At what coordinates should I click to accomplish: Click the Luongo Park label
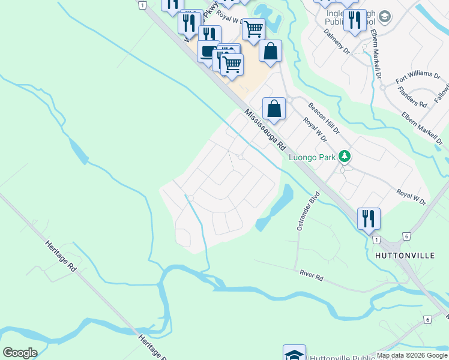[x=312, y=157]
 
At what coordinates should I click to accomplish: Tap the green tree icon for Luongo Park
[x=345, y=157]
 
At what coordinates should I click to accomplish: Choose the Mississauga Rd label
[x=265, y=128]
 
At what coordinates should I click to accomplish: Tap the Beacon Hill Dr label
[x=324, y=118]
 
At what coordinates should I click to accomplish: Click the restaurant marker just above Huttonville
[x=369, y=218]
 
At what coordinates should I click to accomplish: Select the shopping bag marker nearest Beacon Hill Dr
[x=274, y=109]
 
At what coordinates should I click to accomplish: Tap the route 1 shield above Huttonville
[x=376, y=240]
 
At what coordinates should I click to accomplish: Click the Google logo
[x=20, y=353]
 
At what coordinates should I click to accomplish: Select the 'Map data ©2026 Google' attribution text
[x=412, y=356]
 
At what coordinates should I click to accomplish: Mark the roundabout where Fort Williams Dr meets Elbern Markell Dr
[x=382, y=86]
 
